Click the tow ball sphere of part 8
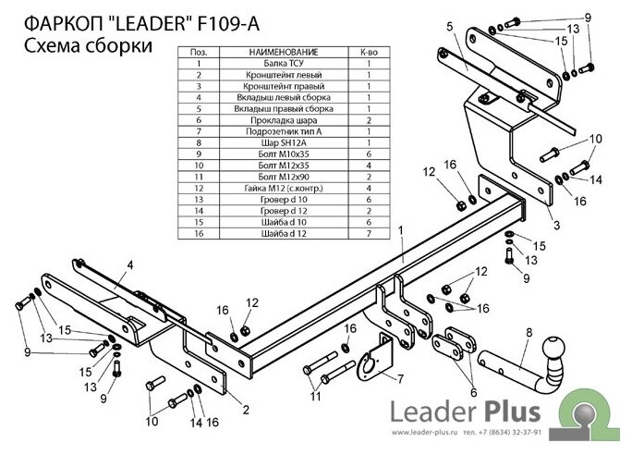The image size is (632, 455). (x=553, y=349)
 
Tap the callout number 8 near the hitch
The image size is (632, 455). (x=529, y=333)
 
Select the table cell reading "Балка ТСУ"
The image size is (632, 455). (x=284, y=63)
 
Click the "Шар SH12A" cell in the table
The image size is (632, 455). (x=284, y=142)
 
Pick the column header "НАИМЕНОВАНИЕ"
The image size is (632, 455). (x=284, y=52)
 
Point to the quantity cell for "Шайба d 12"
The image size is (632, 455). (x=369, y=234)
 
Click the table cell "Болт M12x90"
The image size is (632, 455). (x=284, y=177)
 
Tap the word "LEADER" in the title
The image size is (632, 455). (x=149, y=24)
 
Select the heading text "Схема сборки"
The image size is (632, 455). (x=89, y=46)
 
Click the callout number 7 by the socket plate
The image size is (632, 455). (x=400, y=379)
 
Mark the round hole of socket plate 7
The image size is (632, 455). (x=368, y=367)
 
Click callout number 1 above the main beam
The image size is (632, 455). (x=401, y=230)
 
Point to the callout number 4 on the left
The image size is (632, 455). (x=129, y=265)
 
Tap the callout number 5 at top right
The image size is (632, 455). (x=449, y=27)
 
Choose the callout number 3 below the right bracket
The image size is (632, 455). (x=556, y=225)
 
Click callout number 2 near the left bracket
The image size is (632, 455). (x=246, y=410)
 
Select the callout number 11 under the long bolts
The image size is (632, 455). (x=315, y=396)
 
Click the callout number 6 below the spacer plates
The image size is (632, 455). (x=473, y=392)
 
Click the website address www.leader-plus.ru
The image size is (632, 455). (x=424, y=433)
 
